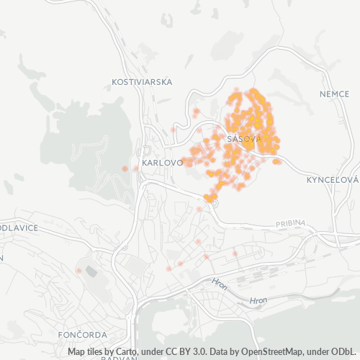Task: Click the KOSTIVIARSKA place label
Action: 142,82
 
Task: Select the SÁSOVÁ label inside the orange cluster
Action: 242,138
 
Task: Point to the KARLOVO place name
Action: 162,163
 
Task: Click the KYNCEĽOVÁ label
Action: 332,179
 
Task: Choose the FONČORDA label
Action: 83,335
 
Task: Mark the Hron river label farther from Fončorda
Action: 257,300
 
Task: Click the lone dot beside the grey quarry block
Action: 78,271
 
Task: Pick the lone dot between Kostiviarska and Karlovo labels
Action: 173,130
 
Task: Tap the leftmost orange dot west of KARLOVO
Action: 125,168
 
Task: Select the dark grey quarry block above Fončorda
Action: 91,271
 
